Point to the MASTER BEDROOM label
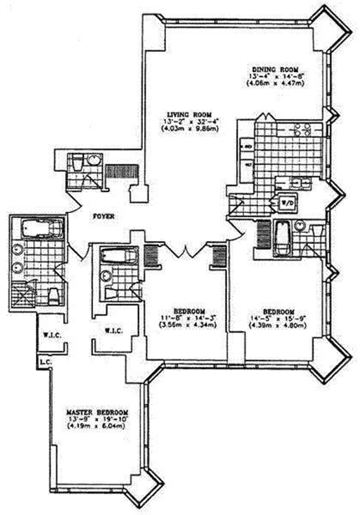tap(97, 412)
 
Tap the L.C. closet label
tap(44, 361)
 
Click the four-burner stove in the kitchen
tap(302, 130)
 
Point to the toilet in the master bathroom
tap(54, 296)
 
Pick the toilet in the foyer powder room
tap(77, 162)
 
